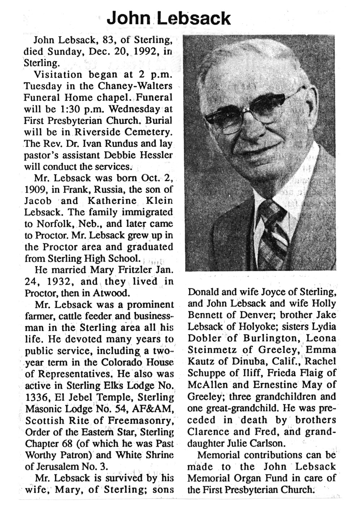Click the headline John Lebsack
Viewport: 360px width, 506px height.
168,18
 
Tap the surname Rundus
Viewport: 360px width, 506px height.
123,143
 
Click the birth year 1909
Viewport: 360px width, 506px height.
36,189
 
